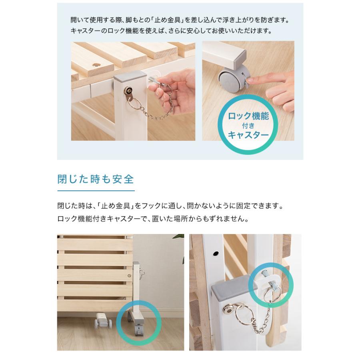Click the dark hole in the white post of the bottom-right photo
tap(215, 254)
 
